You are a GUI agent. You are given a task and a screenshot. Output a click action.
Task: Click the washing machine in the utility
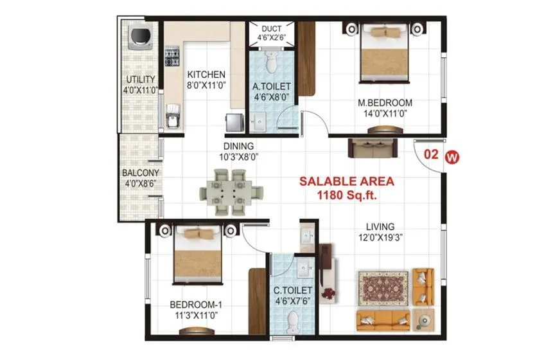tap(140, 39)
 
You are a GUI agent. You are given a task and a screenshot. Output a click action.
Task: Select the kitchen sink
tap(172, 118)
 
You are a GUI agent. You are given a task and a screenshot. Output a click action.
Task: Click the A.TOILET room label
tap(271, 86)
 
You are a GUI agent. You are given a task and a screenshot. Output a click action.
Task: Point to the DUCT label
tap(270, 28)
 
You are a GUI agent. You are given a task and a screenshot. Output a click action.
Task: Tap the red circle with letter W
tap(454, 156)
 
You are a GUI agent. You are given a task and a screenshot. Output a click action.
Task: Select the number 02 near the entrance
tap(432, 155)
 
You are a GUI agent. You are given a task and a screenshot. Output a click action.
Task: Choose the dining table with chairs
tap(231, 190)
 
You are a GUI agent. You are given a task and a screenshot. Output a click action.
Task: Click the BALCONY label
tap(141, 173)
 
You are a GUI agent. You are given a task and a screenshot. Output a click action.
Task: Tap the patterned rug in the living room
tap(383, 287)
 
